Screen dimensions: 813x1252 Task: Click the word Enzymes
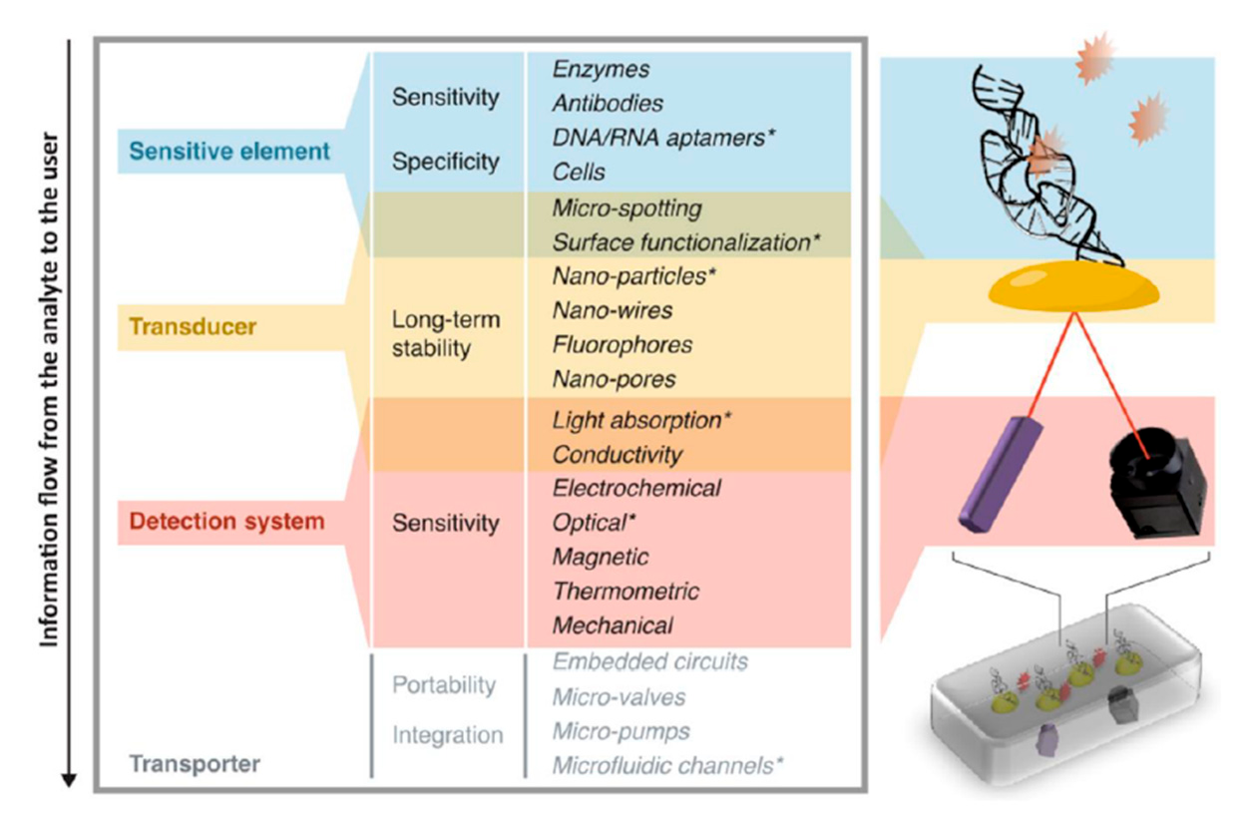coord(601,70)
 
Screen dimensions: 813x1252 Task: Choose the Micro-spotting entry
coord(626,208)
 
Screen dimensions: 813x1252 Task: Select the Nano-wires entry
coord(612,310)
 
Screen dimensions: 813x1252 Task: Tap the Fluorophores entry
coord(622,345)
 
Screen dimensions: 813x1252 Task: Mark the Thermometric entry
coord(626,592)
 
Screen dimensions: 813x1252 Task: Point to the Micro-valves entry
coord(619,696)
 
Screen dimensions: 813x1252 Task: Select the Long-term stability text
coord(446,335)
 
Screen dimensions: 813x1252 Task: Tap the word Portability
coord(443,686)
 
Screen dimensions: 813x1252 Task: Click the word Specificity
coord(445,162)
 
